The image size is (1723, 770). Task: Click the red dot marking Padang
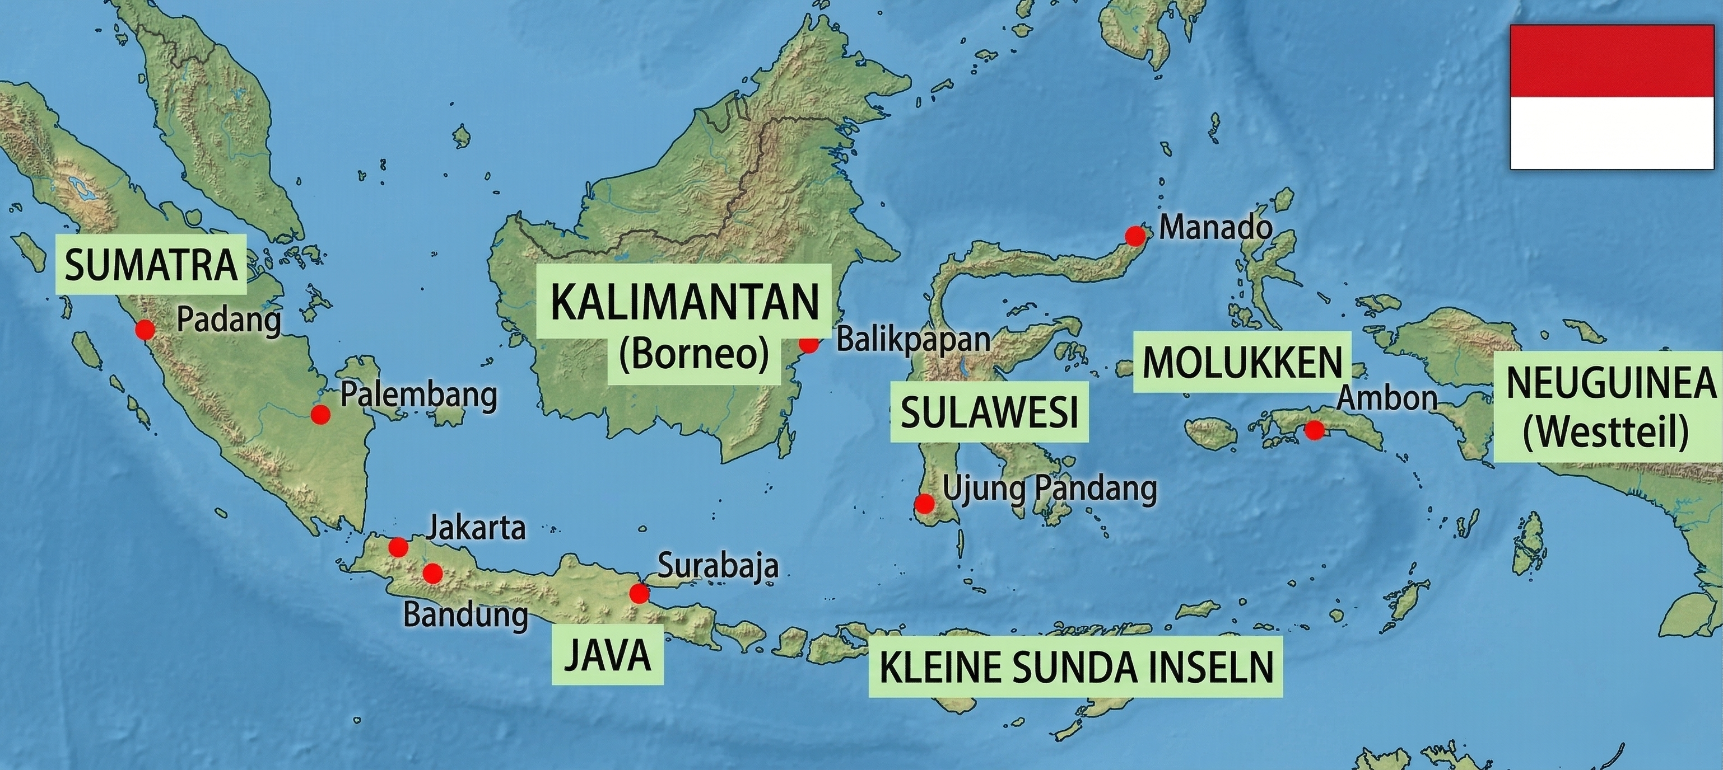(144, 329)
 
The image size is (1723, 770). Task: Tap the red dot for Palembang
(320, 415)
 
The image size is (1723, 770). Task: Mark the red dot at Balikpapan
(809, 344)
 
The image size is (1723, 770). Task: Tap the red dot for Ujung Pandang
(924, 503)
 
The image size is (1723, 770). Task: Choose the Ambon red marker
(1314, 430)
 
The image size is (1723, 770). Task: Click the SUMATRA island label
(151, 265)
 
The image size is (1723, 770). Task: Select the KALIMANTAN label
(685, 302)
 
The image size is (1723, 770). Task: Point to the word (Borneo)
(693, 354)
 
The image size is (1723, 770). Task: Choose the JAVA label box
(607, 655)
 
